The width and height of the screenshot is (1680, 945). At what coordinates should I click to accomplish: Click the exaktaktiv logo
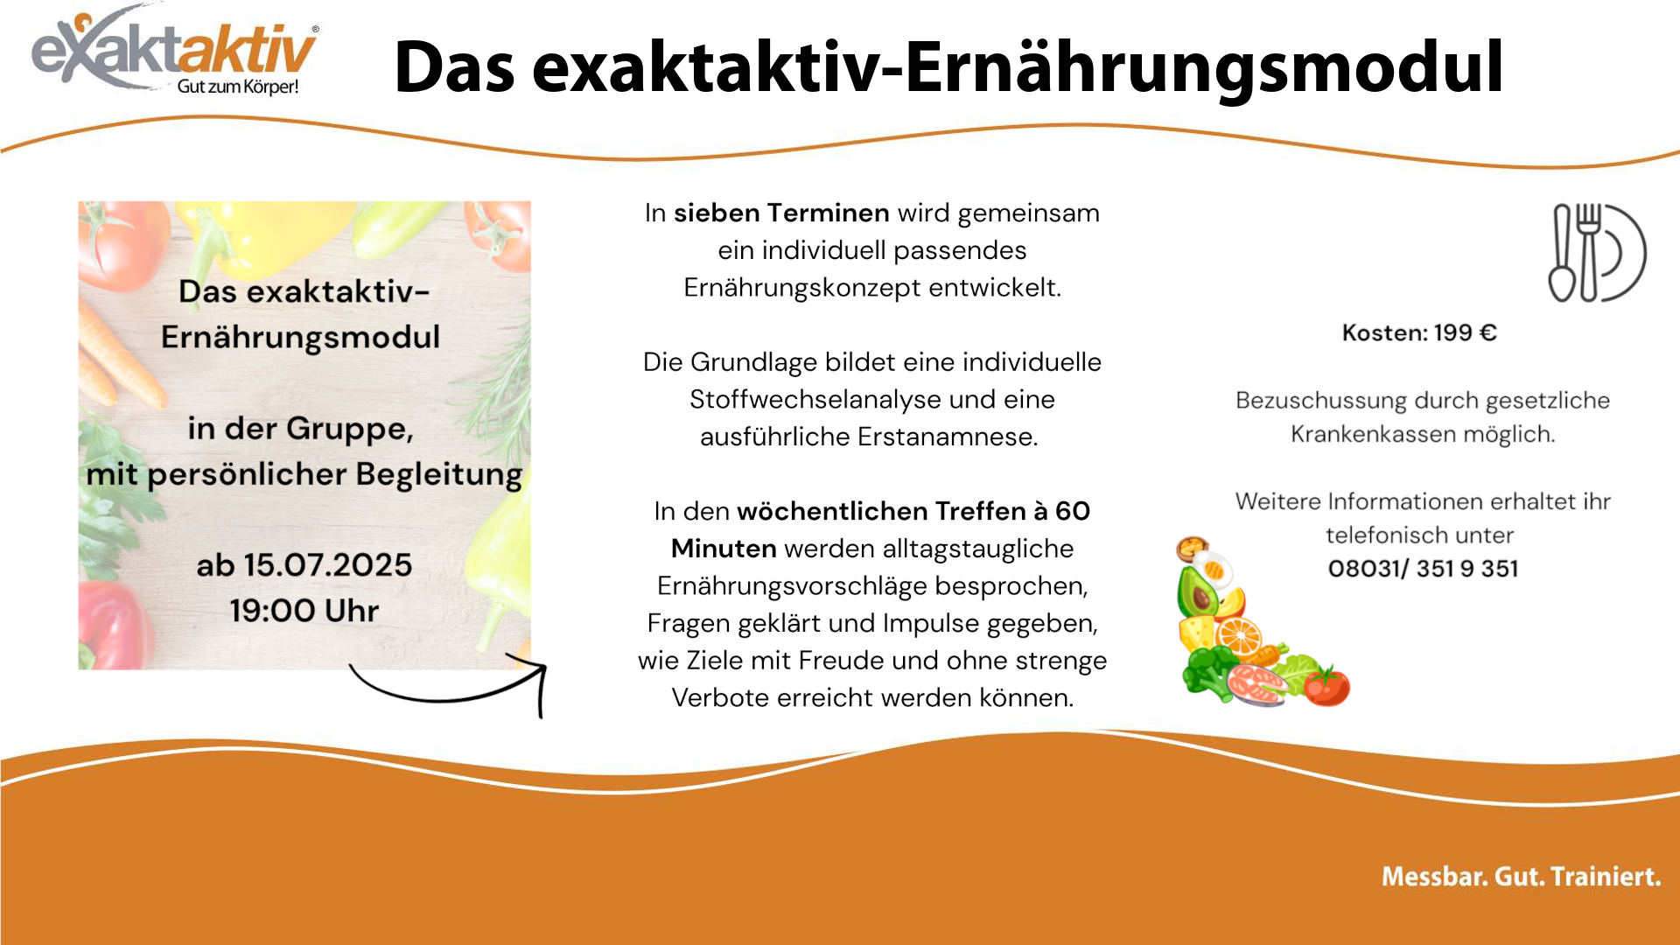[175, 51]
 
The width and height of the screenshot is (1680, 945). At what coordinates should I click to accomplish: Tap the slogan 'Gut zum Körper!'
[238, 87]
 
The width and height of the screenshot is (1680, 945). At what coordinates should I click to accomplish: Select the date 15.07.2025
[327, 565]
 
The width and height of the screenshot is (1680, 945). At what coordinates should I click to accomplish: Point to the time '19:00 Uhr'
[304, 611]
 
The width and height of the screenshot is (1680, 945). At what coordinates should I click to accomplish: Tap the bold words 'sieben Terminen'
[781, 213]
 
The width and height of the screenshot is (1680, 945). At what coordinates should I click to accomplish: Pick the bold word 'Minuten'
[724, 549]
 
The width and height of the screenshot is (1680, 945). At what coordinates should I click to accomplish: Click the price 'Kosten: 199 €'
[1419, 332]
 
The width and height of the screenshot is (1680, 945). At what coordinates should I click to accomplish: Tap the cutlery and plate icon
[1598, 253]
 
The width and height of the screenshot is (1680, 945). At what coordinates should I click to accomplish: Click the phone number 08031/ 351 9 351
[1423, 569]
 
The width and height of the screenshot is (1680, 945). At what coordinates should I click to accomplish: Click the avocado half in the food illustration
[1198, 591]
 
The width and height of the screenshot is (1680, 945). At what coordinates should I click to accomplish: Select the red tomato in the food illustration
[1326, 686]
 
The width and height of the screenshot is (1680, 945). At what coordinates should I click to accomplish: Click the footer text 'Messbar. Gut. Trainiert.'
[1521, 877]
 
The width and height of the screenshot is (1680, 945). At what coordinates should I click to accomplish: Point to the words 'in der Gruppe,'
[300, 429]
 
